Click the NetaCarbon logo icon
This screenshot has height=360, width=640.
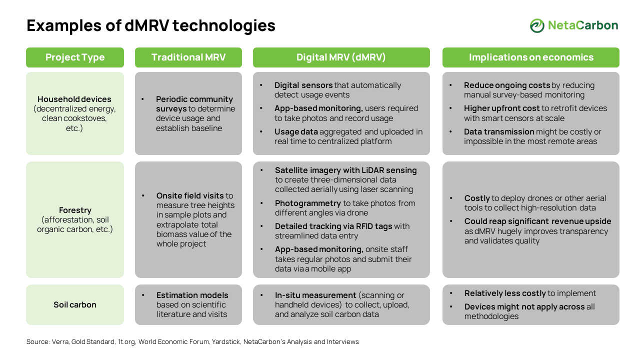(x=537, y=25)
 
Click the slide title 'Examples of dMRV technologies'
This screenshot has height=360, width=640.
(x=151, y=25)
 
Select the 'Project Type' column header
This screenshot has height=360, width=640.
(x=75, y=57)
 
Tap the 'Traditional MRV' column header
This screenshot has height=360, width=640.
(x=188, y=57)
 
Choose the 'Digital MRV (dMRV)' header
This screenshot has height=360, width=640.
(x=341, y=57)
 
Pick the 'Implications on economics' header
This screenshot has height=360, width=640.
(x=531, y=57)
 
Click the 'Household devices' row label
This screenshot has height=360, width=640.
(x=74, y=99)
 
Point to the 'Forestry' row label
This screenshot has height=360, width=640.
(x=75, y=210)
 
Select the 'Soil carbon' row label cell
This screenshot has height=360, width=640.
(x=75, y=304)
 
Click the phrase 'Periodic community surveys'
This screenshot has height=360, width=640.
(x=194, y=104)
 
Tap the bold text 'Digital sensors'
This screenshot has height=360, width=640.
(x=303, y=85)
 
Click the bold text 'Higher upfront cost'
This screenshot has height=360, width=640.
(x=501, y=108)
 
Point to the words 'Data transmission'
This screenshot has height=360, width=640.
(x=499, y=132)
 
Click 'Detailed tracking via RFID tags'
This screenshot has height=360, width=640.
(x=333, y=226)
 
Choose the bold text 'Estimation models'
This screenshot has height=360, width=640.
(x=192, y=295)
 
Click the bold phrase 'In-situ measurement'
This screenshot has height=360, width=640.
(x=315, y=295)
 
